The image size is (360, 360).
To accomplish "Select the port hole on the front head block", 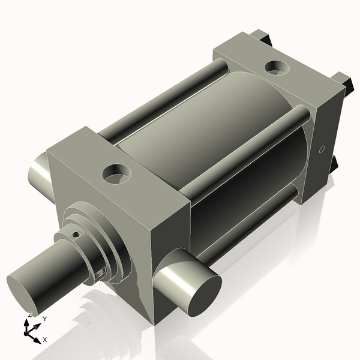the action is [x=116, y=173].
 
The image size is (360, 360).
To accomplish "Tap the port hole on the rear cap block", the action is [x=277, y=67].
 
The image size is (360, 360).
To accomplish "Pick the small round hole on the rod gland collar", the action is [x=76, y=235].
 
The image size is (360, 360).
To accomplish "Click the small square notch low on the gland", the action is [x=100, y=274].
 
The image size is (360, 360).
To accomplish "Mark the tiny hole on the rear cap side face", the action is [x=322, y=149].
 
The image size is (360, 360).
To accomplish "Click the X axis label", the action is [x=45, y=340].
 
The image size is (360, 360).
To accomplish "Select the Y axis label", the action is [x=45, y=319].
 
